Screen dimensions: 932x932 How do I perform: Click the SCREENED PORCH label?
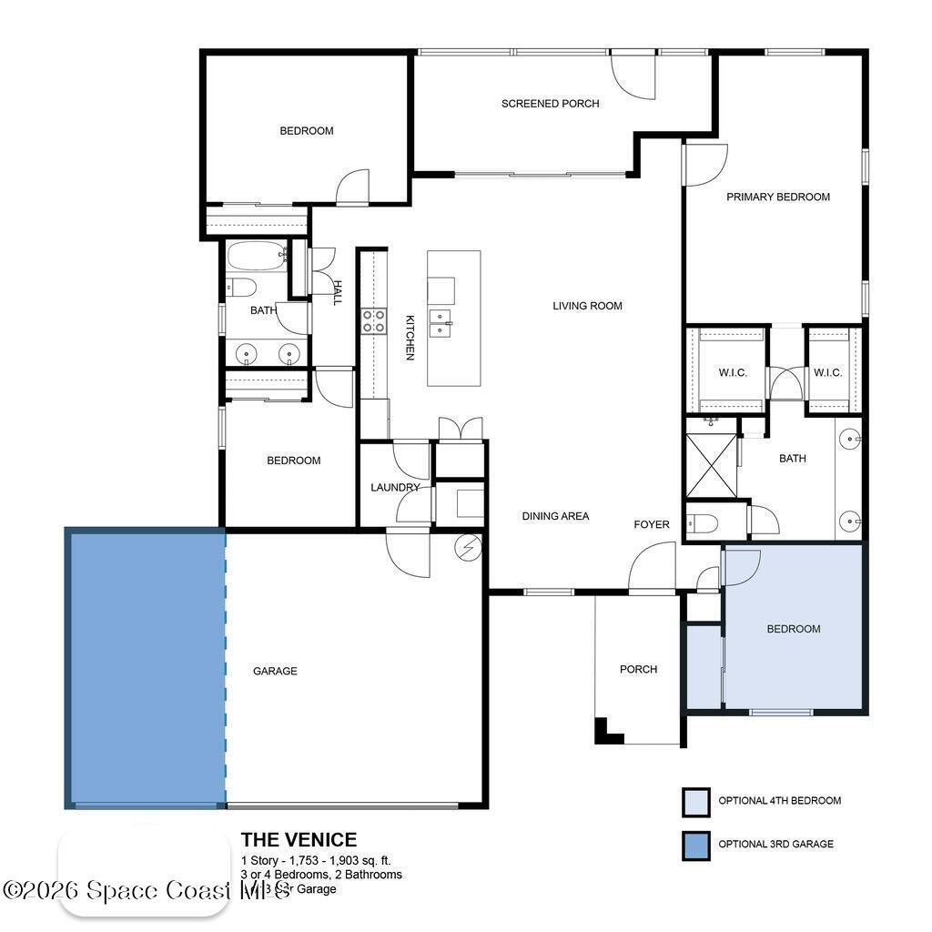tap(550, 104)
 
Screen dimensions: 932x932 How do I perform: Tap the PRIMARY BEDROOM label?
tap(777, 197)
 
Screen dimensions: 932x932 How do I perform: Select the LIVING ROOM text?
tap(587, 306)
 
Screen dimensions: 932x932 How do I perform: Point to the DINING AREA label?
tap(555, 516)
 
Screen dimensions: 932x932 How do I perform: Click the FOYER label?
tap(652, 524)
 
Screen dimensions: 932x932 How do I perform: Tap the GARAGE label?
tap(275, 671)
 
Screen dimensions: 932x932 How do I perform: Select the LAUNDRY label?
tap(395, 488)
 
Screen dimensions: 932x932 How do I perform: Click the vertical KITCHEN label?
tap(410, 337)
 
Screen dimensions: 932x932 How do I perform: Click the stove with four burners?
tap(373, 320)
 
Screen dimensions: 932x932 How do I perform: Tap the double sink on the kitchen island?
tap(441, 323)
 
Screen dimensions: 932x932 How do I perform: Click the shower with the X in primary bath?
tap(710, 464)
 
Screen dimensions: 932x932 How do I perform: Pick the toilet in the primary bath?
tap(704, 522)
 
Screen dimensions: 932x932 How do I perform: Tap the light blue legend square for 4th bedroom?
tap(695, 802)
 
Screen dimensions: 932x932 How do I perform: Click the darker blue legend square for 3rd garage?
tap(695, 845)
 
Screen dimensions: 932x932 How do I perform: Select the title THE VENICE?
tap(299, 840)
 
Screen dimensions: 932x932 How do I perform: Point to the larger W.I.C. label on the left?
tap(732, 372)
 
